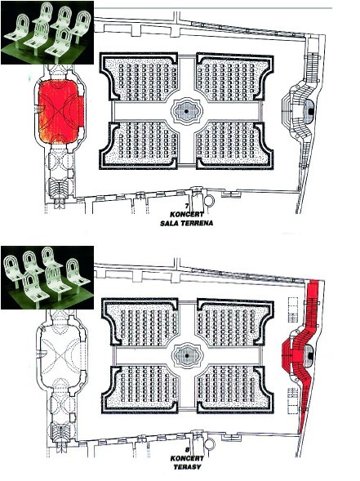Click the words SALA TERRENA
pos(186,223)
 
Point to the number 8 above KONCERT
pos(187,450)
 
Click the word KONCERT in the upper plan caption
pos(187,215)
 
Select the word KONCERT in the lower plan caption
pos(187,459)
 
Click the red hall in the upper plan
pos(60,112)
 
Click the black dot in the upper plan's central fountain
pos(186,111)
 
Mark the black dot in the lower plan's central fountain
pos(186,355)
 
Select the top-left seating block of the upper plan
pos(139,77)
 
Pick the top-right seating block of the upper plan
pos(234,77)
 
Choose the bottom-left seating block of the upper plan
pos(139,145)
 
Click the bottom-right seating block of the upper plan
pos(234,145)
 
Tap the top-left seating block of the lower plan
pos(140,323)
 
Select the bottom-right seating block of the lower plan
pos(235,389)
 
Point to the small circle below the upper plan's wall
pos(210,201)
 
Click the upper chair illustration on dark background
pos(47,33)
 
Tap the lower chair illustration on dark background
pos(47,278)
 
